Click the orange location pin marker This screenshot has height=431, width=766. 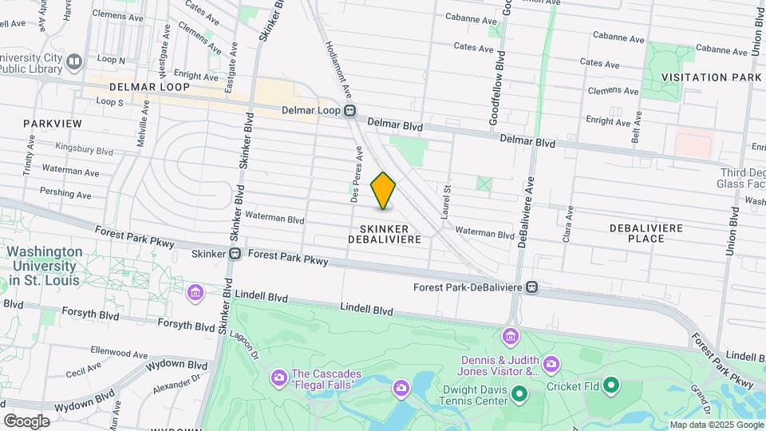(x=384, y=191)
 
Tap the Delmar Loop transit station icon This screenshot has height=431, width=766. (x=350, y=111)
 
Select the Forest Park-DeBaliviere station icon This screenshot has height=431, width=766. (x=532, y=287)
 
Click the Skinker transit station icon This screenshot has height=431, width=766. (x=235, y=254)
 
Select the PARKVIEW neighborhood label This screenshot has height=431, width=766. (x=53, y=124)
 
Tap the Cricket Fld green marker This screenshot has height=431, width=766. (x=611, y=386)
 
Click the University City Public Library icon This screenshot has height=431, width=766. (x=74, y=61)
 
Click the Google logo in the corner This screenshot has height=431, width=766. (x=26, y=421)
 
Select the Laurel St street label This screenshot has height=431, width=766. (x=448, y=202)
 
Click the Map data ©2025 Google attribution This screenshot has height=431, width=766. (x=717, y=425)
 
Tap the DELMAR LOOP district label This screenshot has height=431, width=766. (x=150, y=86)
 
